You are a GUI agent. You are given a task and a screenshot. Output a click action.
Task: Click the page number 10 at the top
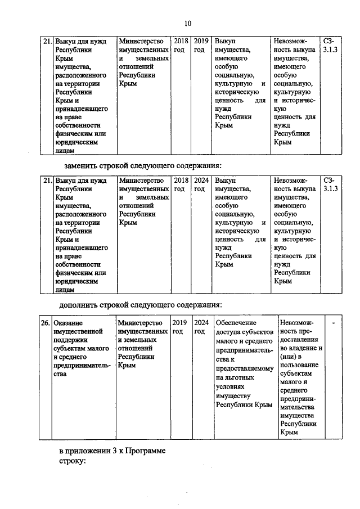[188, 23]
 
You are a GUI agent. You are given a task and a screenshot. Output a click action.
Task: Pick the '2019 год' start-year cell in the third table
[179, 327]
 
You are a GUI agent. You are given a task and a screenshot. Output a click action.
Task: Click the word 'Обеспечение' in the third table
[237, 323]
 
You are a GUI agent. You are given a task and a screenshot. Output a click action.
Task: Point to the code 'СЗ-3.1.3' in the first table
[330, 46]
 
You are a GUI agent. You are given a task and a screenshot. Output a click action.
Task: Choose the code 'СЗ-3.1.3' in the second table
[330, 185]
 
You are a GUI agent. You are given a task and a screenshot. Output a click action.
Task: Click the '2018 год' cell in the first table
[181, 46]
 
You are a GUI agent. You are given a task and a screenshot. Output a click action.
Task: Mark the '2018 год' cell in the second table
[181, 185]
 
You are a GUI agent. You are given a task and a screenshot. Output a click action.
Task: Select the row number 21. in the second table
[47, 181]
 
